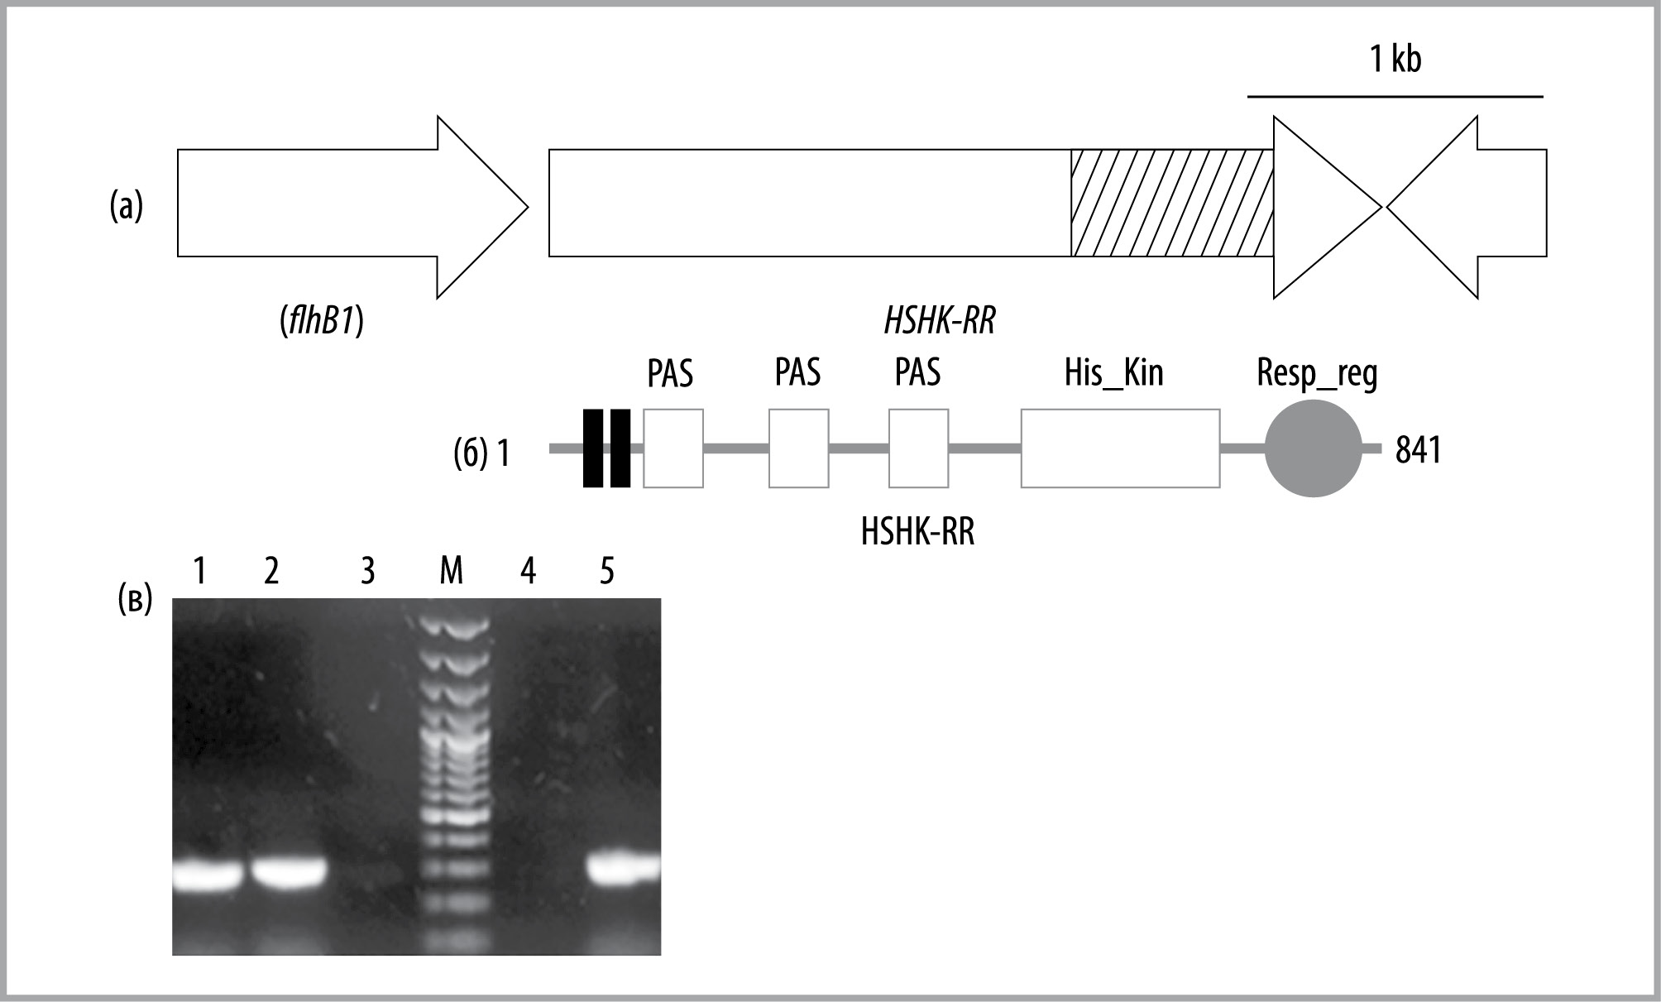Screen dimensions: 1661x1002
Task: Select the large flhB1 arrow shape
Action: pyautogui.click(x=352, y=206)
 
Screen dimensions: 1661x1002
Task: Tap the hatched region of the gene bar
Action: pyautogui.click(x=1172, y=204)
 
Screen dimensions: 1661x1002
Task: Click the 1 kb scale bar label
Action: pyautogui.click(x=1395, y=59)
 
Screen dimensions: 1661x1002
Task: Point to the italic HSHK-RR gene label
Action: pyautogui.click(x=940, y=320)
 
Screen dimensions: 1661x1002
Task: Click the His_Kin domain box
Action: pyautogui.click(x=1120, y=448)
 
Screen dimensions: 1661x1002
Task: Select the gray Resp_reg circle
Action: pyautogui.click(x=1313, y=448)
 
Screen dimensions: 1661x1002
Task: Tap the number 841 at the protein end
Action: pyautogui.click(x=1418, y=450)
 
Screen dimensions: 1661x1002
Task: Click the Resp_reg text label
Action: pyautogui.click(x=1317, y=374)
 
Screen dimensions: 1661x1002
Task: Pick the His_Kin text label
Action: pyautogui.click(x=1113, y=373)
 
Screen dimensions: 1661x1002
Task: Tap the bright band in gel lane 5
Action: pyautogui.click(x=625, y=868)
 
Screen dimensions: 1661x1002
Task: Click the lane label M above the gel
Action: pyautogui.click(x=451, y=571)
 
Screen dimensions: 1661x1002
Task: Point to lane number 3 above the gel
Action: pyautogui.click(x=368, y=571)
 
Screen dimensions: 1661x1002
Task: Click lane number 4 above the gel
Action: pyautogui.click(x=528, y=571)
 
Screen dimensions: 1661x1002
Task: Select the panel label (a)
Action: pyautogui.click(x=127, y=206)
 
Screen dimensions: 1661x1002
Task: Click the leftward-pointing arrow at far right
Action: pyautogui.click(x=1467, y=206)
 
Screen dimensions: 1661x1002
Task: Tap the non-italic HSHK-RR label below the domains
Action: pyautogui.click(x=917, y=532)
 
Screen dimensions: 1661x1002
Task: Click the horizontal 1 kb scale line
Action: pyautogui.click(x=1395, y=97)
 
